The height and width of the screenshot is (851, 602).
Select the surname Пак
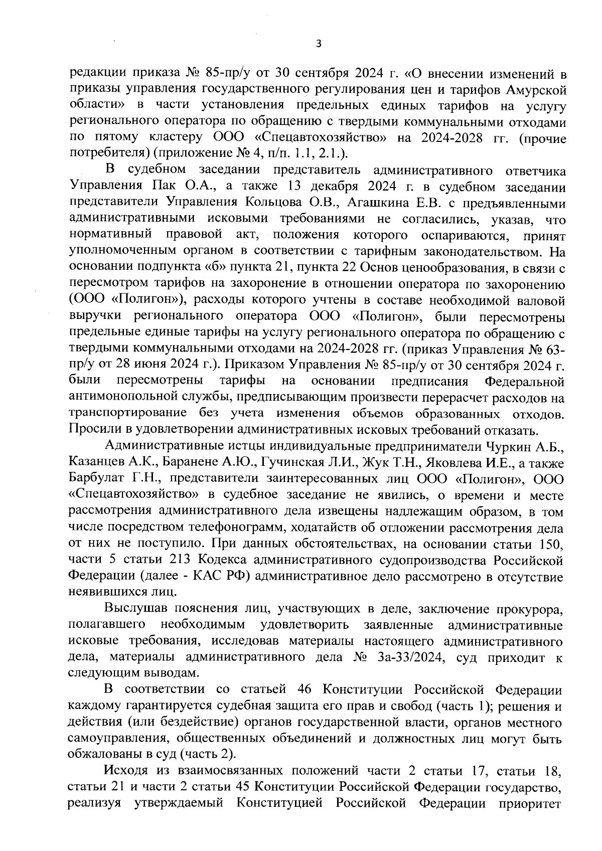pos(162,188)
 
